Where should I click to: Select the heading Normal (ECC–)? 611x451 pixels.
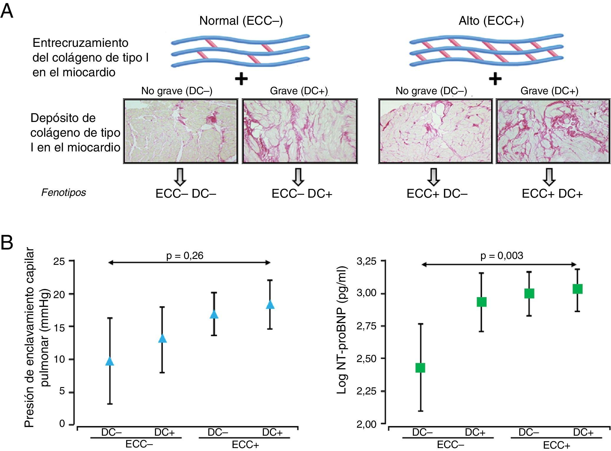(241, 21)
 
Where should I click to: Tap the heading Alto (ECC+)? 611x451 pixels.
(491, 21)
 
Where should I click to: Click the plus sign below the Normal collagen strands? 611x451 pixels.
(241, 79)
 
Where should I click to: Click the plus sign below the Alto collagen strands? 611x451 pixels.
(495, 79)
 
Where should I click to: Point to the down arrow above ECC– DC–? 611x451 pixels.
(180, 177)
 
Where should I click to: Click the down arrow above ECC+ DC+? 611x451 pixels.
(549, 177)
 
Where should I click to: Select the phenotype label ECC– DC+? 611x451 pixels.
(302, 194)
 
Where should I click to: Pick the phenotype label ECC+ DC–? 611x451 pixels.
(437, 194)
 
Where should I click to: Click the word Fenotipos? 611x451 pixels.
(64, 193)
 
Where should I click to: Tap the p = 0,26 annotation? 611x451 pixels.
(185, 256)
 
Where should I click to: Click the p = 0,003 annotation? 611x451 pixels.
(502, 256)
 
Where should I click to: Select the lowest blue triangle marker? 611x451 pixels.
(110, 361)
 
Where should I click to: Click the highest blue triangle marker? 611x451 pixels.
(270, 305)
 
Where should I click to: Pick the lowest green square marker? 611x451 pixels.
(420, 368)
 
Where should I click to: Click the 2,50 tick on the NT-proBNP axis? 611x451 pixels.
(367, 359)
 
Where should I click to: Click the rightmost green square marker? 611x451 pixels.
(577, 289)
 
